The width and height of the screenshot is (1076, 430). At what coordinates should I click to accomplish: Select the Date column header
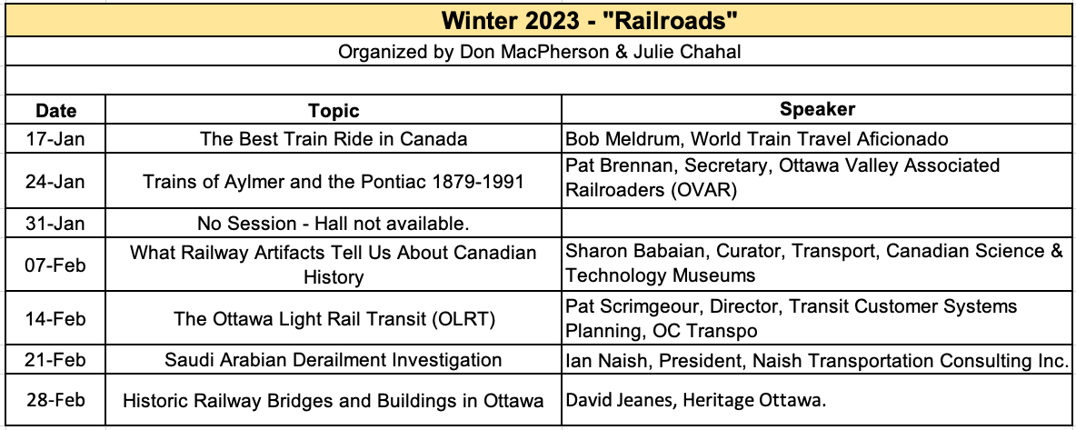(55, 111)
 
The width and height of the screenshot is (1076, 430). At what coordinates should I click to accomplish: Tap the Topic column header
(334, 111)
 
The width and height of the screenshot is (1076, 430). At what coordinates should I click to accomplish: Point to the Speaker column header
(817, 109)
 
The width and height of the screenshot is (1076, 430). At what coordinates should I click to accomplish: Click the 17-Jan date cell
(55, 139)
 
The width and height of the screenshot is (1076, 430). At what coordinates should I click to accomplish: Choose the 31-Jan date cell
(55, 224)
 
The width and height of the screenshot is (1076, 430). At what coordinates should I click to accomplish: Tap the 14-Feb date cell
(55, 319)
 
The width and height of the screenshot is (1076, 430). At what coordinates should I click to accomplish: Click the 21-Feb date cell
(55, 361)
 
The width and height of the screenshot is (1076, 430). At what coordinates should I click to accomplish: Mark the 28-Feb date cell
(55, 401)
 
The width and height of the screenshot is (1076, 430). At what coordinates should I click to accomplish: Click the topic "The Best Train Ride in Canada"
(334, 139)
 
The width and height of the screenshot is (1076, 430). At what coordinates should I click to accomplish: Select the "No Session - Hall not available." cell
(334, 224)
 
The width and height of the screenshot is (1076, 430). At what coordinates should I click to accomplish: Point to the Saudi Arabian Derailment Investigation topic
(334, 361)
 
